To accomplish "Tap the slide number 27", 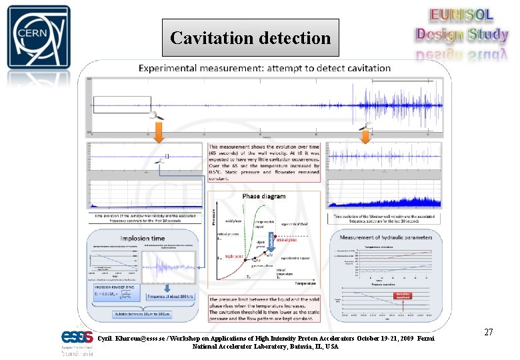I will click(488, 332).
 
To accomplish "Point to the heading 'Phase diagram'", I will click(263, 197).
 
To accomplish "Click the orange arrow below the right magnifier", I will click(365, 136).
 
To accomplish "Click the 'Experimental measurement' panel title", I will click(264, 68).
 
